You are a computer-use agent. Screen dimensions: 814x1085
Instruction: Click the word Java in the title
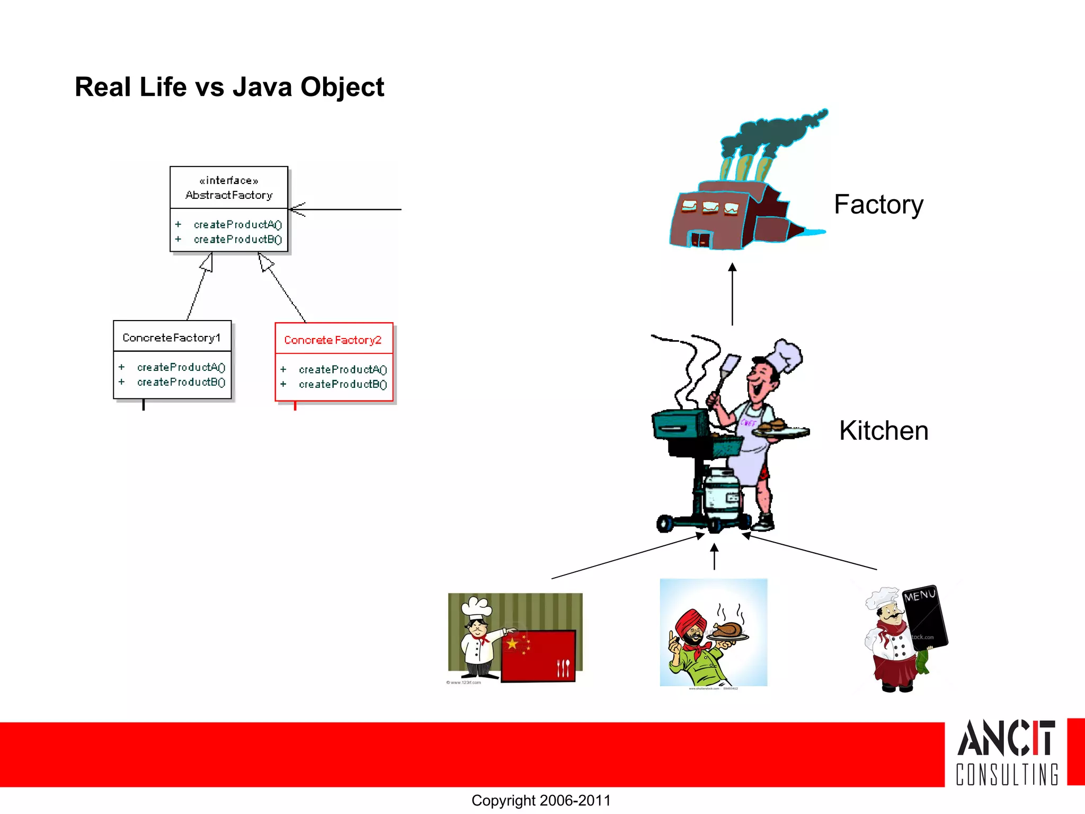(262, 87)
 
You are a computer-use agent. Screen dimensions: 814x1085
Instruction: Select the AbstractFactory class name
(229, 196)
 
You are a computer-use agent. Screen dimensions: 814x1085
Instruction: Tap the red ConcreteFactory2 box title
(333, 340)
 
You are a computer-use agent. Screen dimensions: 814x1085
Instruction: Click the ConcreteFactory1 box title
(171, 338)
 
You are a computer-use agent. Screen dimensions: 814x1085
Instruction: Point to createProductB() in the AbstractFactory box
(237, 240)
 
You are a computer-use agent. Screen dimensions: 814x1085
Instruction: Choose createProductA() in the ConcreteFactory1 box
(181, 367)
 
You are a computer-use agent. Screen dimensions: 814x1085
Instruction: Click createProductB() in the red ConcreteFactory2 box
(342, 384)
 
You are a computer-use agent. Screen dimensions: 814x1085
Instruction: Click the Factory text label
(878, 205)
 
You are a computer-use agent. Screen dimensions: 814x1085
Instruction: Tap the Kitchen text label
(884, 431)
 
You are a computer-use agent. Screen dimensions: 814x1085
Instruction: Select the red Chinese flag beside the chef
(538, 655)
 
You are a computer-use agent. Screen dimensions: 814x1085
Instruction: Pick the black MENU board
(925, 617)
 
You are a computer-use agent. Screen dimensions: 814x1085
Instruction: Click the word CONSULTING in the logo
(1007, 774)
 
